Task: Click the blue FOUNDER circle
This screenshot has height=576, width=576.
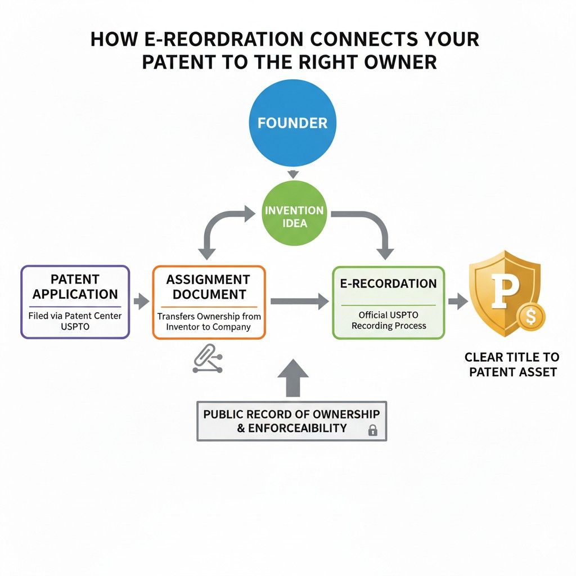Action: [292, 123]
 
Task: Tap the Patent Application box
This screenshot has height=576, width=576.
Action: [75, 302]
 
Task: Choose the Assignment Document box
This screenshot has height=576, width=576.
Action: [209, 302]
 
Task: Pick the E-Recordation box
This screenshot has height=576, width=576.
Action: [388, 302]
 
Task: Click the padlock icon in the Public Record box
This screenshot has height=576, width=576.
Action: [372, 431]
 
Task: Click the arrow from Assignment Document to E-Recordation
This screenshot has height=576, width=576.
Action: [299, 301]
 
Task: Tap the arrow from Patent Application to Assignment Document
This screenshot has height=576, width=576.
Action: [141, 301]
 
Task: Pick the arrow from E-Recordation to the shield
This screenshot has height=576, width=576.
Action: [458, 301]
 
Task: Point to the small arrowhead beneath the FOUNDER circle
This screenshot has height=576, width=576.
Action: [292, 174]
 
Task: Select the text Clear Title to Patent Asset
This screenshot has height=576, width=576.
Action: [512, 364]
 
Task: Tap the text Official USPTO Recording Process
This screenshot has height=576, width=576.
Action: [389, 320]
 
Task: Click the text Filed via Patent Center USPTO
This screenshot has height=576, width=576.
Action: [75, 321]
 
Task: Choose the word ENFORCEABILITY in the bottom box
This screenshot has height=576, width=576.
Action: [290, 428]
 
